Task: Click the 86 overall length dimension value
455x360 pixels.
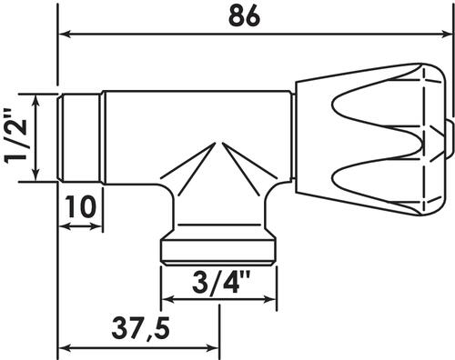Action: (244, 15)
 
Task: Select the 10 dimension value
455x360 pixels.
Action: (80, 206)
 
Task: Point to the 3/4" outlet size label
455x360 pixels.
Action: (221, 282)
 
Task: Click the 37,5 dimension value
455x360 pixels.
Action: (140, 328)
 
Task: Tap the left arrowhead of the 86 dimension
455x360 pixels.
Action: (65, 34)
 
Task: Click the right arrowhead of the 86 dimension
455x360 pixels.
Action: (446, 34)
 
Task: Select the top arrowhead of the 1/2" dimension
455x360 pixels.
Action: (36, 101)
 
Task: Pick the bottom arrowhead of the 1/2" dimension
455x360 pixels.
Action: (36, 175)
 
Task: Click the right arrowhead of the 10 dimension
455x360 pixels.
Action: (96, 226)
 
